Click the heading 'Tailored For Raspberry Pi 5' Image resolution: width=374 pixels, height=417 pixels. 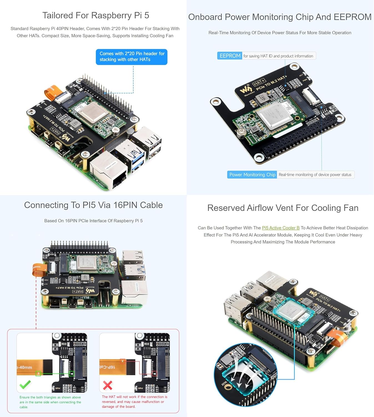click(96, 15)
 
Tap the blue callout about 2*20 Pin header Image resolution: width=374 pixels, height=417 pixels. click(132, 57)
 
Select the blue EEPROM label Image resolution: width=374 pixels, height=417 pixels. click(230, 56)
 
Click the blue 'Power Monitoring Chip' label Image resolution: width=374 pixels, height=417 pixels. click(252, 175)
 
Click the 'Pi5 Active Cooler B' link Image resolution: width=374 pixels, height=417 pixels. click(280, 228)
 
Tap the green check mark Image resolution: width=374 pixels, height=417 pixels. click(25, 384)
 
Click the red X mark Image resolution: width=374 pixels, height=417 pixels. click(107, 385)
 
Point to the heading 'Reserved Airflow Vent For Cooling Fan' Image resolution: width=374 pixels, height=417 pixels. click(283, 208)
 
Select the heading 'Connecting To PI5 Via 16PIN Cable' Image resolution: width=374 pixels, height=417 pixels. click(93, 205)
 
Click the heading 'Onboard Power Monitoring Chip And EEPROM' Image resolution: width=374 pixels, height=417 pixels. click(280, 17)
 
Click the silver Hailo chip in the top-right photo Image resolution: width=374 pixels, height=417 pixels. click(273, 117)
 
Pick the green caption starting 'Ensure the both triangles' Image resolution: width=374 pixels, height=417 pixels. click(50, 402)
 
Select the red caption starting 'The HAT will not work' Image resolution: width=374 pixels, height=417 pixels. click(134, 401)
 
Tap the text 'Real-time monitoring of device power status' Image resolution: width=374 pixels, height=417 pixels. click(315, 175)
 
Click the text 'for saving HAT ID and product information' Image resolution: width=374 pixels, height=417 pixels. click(278, 56)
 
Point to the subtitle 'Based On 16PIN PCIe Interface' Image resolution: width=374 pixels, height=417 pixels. click(93, 221)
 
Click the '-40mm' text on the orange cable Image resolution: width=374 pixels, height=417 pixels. click(25, 367)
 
